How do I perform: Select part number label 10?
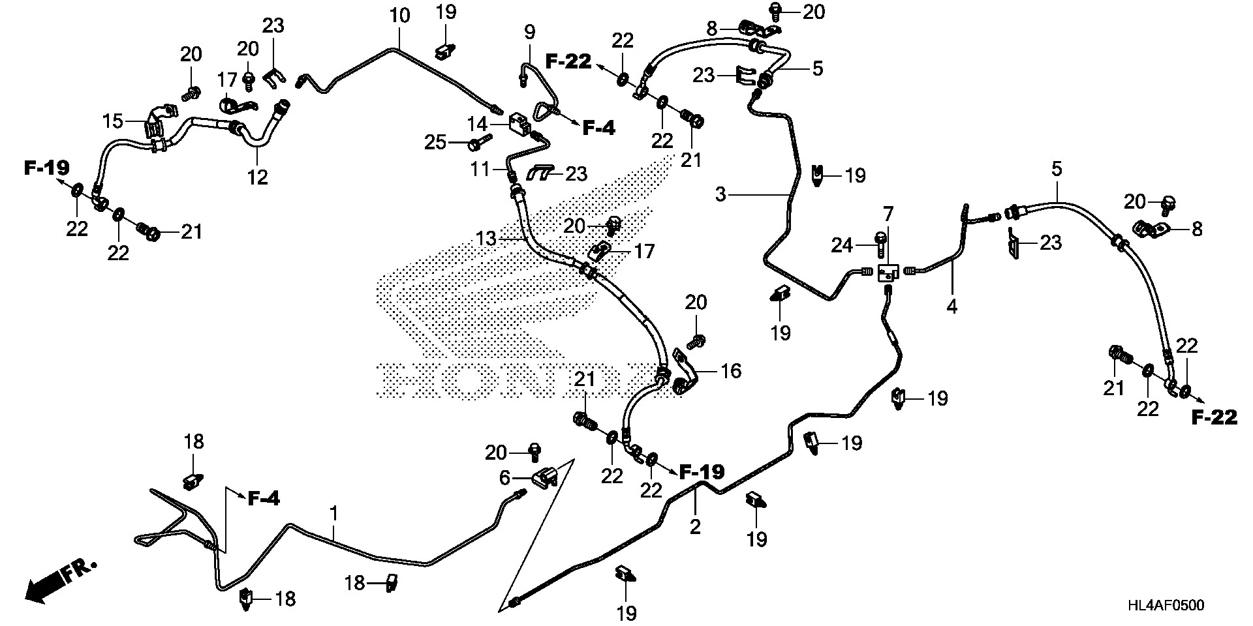(x=400, y=15)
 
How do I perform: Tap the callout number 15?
(x=112, y=121)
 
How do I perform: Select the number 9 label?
(x=529, y=31)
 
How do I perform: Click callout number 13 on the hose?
(x=486, y=239)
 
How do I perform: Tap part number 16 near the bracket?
(x=731, y=371)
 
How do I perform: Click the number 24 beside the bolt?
(x=842, y=245)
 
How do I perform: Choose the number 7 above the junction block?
(x=888, y=213)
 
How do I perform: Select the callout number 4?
(x=951, y=306)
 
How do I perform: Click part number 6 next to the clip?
(x=504, y=478)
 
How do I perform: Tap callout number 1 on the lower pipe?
(x=333, y=514)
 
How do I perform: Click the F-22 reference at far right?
(x=1214, y=418)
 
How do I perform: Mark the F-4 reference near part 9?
(x=598, y=128)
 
